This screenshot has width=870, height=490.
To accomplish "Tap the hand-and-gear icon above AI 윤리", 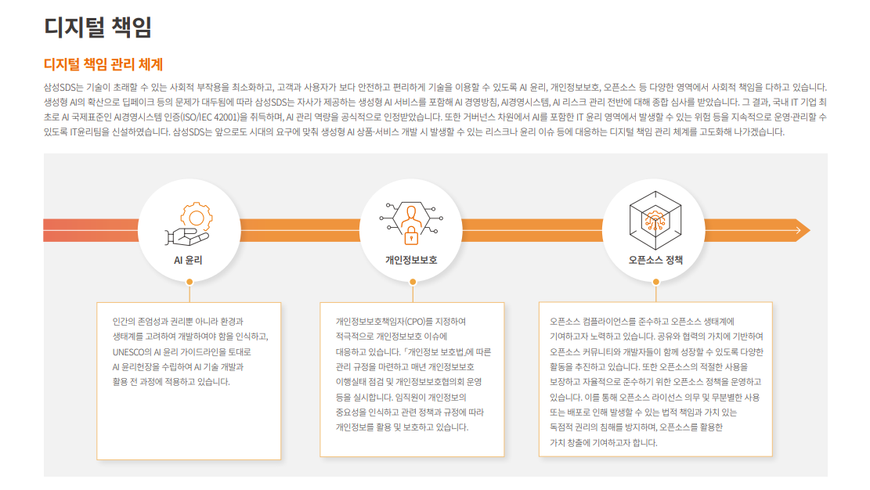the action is tap(188, 223).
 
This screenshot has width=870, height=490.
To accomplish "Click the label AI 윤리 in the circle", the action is tap(188, 260).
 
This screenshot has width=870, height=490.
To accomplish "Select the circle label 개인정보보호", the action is tap(411, 260).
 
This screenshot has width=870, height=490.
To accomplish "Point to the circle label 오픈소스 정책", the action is tap(655, 260).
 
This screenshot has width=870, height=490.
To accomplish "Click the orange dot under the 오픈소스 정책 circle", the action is tap(656, 282).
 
